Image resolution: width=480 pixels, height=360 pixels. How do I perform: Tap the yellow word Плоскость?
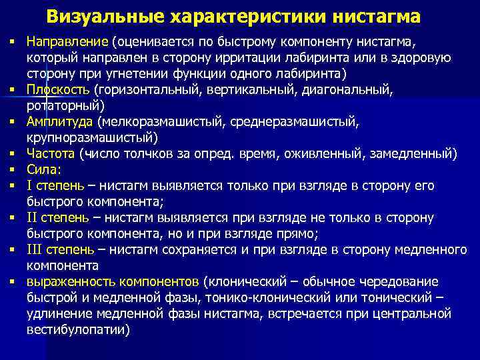pos(58,90)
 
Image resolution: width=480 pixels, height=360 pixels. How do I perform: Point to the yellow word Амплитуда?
pos(60,122)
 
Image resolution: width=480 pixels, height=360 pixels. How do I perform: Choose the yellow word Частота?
pos(51,154)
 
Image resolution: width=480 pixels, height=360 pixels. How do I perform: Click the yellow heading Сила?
pos(43,169)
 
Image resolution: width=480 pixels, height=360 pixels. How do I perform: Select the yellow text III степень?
pos(61,249)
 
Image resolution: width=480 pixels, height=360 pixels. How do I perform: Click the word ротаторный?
pos(64,105)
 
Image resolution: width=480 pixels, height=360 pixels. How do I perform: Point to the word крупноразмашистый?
pos(92,137)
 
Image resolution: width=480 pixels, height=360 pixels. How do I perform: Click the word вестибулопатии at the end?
pos(77,329)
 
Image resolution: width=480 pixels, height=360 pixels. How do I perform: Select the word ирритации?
pos(254,58)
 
